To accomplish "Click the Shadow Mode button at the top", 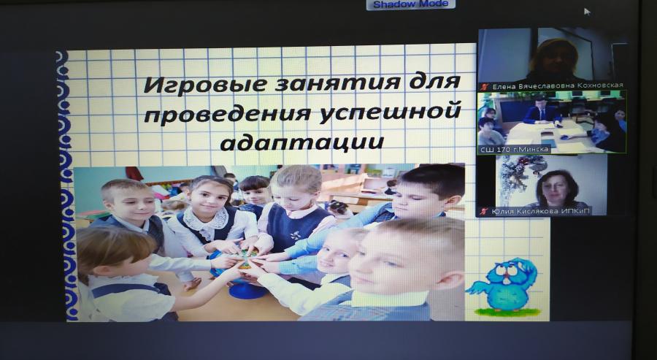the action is coord(410,4).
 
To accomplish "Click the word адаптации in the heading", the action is coord(301,141).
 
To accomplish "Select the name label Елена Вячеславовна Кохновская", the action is coord(557,86).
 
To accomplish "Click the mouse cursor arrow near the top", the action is coord(587,11).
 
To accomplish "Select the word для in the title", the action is coord(434,82).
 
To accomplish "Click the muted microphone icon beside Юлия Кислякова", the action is coord(485,211).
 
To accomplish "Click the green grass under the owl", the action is coord(507,313).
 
